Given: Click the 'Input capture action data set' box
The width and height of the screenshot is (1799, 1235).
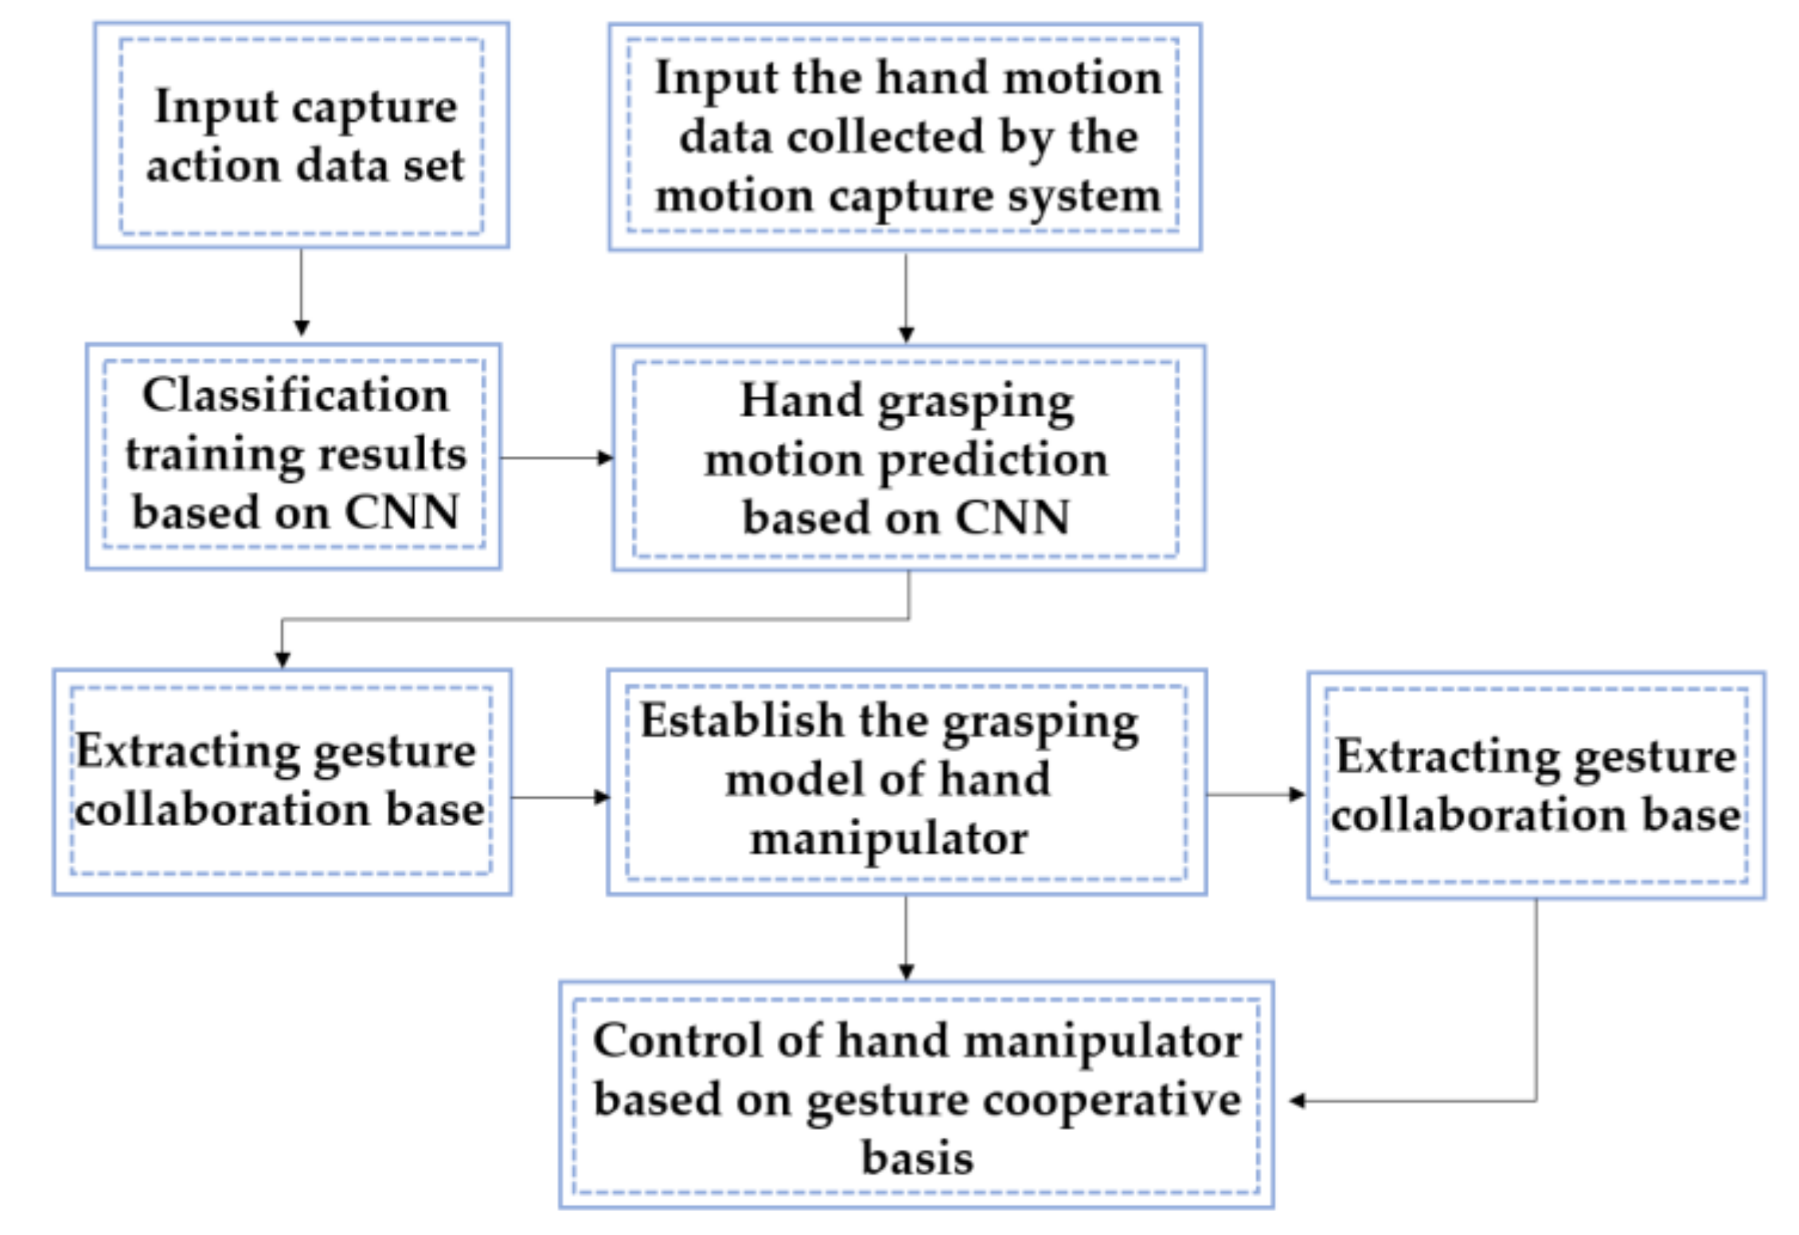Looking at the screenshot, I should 301,135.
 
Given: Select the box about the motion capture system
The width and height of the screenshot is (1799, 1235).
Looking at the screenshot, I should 905,137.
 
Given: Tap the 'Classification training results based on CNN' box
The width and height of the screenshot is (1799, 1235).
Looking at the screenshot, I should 293,455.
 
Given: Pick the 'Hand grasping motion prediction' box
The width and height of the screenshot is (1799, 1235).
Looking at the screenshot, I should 907,458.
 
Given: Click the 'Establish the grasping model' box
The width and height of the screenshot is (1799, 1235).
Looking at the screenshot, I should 906,781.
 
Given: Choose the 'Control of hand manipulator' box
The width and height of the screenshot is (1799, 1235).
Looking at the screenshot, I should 915,1095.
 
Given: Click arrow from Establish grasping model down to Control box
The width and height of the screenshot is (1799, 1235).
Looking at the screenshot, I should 905,937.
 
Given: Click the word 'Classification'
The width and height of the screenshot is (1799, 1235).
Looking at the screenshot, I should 295,395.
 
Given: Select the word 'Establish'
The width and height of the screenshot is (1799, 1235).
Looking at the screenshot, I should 742,721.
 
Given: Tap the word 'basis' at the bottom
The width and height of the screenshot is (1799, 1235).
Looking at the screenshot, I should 917,1159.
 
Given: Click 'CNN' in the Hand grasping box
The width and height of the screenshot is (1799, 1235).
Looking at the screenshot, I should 1012,518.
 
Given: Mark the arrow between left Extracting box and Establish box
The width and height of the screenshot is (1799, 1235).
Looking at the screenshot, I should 559,797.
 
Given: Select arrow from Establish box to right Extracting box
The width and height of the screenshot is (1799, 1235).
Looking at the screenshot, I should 1255,794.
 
